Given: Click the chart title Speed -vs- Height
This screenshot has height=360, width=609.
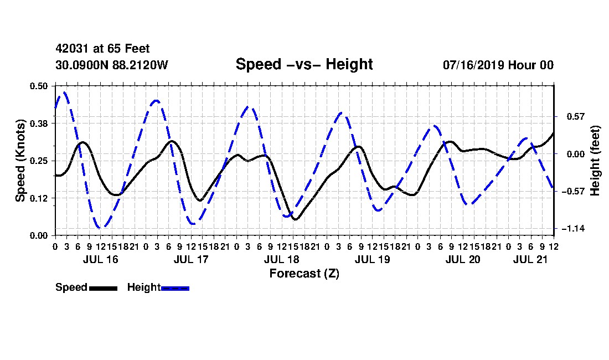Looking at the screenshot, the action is (304, 64).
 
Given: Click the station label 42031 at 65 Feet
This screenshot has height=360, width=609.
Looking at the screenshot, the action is (102, 49).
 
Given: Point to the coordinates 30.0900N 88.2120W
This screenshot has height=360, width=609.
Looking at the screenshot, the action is (112, 65).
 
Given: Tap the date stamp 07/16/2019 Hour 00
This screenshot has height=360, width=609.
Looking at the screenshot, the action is (498, 65).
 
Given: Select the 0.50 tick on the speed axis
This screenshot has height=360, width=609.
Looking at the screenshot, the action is (39, 86).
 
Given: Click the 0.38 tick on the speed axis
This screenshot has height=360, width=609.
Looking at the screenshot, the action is (39, 124).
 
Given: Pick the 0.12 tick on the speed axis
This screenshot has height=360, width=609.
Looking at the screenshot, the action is (39, 198).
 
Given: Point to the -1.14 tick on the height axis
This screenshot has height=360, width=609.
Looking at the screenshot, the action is (573, 229).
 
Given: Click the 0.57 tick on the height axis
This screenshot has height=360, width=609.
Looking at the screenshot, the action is (576, 116).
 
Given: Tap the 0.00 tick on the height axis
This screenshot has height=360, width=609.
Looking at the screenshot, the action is (576, 154).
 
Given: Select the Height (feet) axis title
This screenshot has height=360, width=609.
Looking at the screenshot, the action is (595, 161).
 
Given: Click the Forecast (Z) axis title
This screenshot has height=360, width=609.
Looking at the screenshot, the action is (304, 274).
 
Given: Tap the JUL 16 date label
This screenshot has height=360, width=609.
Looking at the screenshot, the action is (101, 259).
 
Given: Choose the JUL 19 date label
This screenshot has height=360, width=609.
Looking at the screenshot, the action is (373, 259).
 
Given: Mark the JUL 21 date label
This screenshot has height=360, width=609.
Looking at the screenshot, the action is (530, 259).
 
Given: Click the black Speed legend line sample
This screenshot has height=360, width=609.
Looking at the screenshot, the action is (104, 288).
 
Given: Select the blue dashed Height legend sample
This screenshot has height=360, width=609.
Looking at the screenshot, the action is (175, 288).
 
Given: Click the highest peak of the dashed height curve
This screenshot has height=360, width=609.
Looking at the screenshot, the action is (64, 92).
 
